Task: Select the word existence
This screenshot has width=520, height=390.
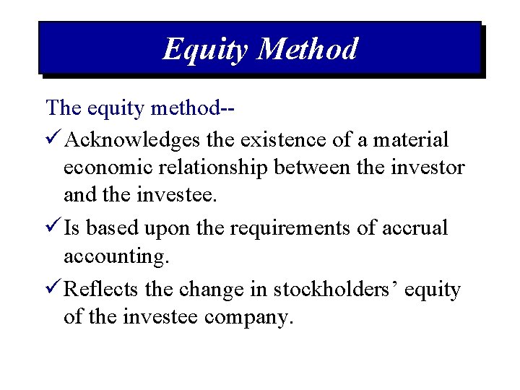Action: click(277, 139)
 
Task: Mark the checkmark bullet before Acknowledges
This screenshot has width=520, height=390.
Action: click(53, 139)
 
